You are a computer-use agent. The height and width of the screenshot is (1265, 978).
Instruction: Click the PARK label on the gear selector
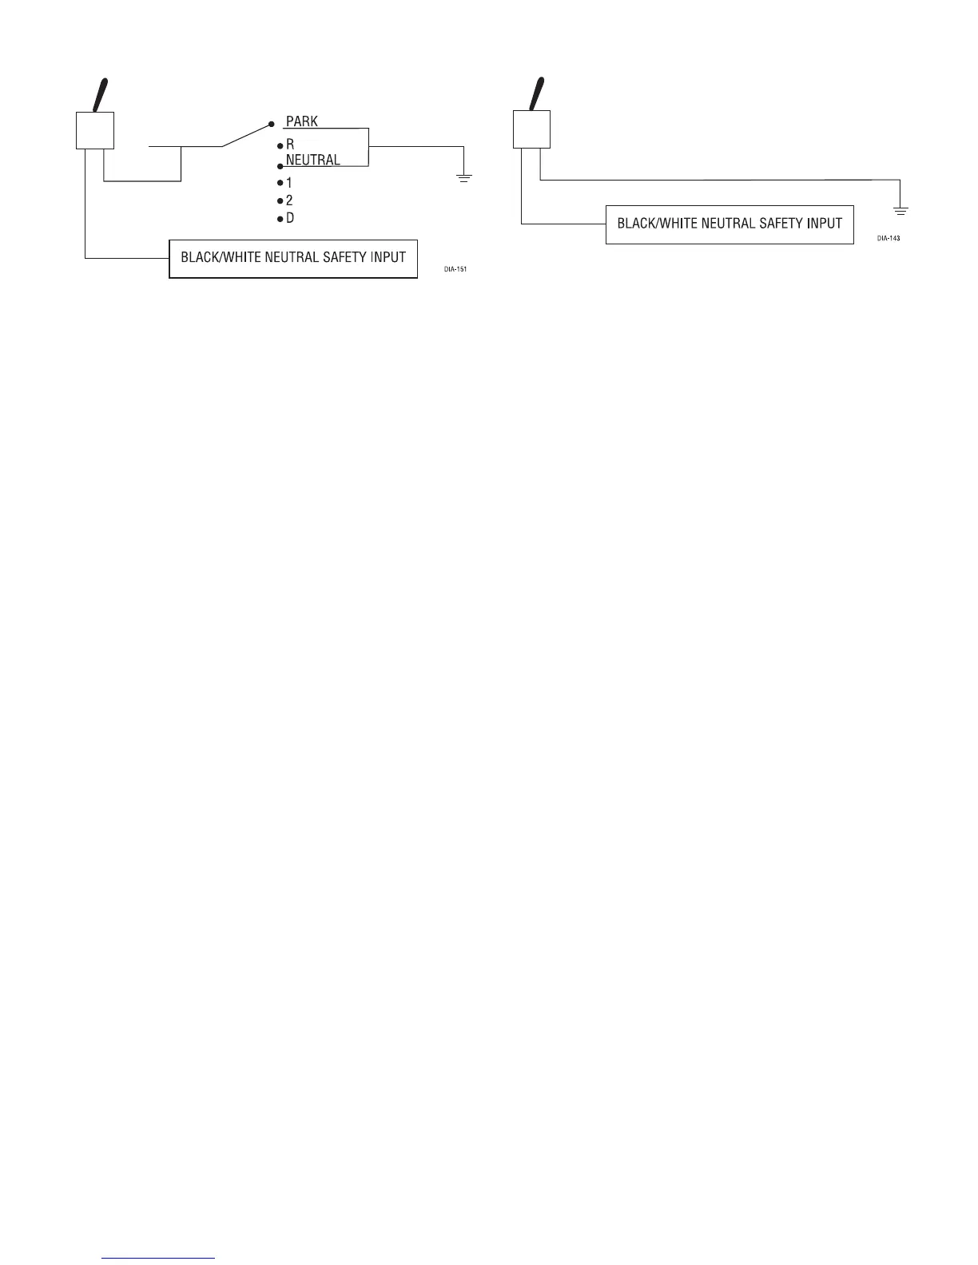(x=302, y=122)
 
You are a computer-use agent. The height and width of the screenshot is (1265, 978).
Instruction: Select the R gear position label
(x=290, y=146)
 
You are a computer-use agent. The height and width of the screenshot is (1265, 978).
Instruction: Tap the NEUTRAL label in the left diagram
(x=312, y=160)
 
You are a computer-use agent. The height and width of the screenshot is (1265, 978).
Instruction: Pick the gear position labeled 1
(x=289, y=183)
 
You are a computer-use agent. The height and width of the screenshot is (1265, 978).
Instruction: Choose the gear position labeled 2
(x=289, y=200)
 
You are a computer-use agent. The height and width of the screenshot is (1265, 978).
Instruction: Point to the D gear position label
(x=290, y=218)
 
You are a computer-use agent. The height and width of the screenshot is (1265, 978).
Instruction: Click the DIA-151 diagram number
(x=455, y=269)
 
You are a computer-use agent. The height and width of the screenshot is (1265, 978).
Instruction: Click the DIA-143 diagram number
(x=889, y=238)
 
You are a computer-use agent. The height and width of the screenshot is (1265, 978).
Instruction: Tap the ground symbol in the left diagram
(x=464, y=176)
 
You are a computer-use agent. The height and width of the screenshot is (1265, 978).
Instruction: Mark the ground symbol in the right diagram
(x=900, y=211)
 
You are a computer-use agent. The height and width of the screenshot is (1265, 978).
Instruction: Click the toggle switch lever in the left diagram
(x=102, y=95)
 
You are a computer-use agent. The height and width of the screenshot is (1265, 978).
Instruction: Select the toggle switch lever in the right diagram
(x=538, y=93)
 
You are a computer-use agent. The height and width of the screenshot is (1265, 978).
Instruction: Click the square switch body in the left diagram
(x=95, y=131)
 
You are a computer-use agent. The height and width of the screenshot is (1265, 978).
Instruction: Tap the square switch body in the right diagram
(x=531, y=129)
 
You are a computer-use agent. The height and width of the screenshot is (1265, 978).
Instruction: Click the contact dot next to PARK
(x=272, y=125)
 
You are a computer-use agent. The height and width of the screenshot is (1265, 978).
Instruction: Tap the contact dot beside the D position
(x=280, y=219)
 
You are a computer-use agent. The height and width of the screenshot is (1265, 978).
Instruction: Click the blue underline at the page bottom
(x=159, y=1258)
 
